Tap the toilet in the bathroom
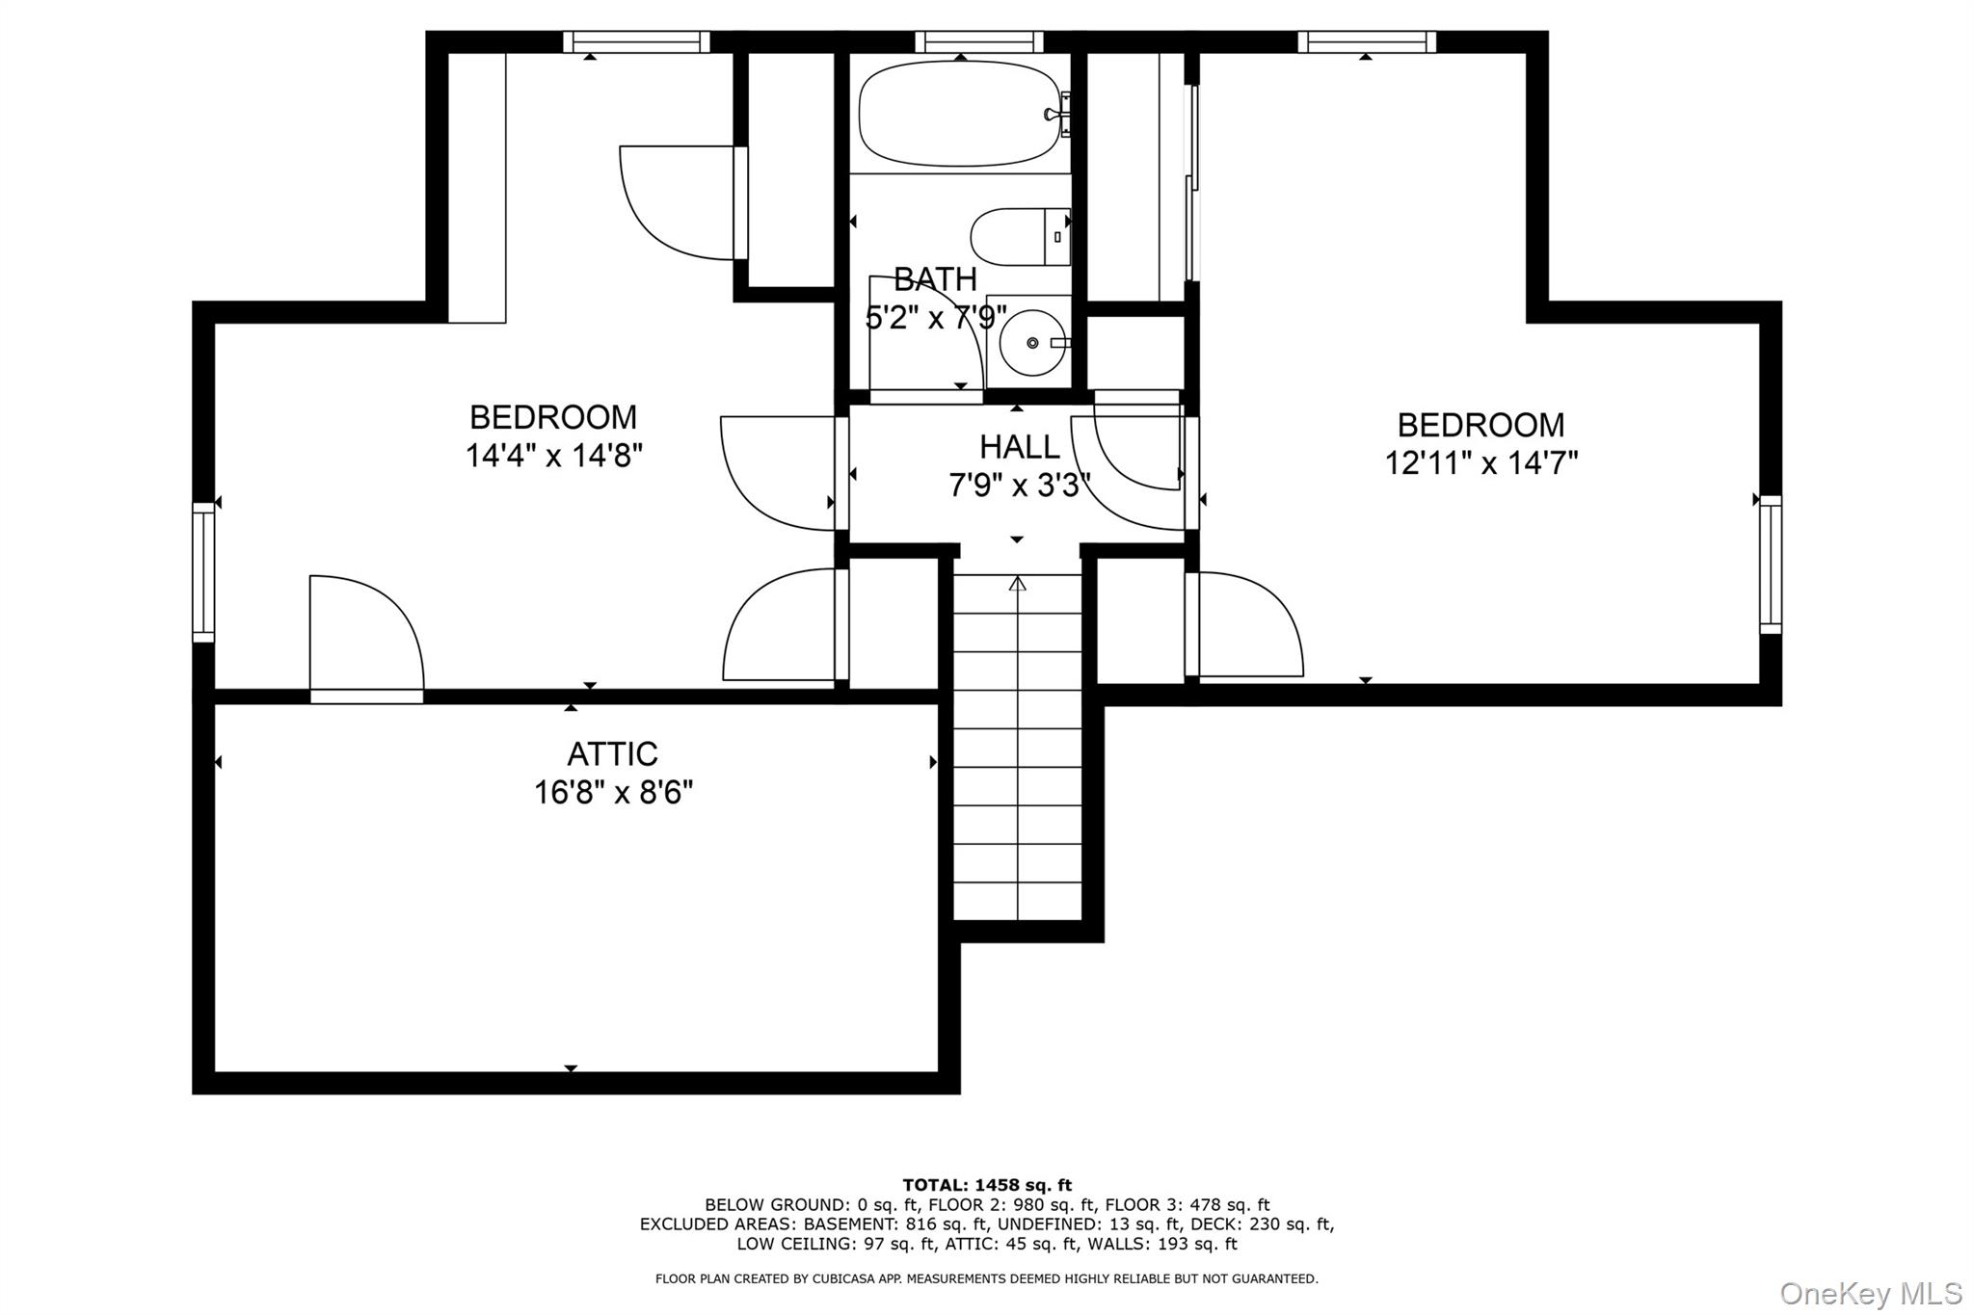coord(1020,237)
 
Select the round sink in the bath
coord(1032,342)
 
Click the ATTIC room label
coord(612,753)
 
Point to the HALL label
coord(1020,447)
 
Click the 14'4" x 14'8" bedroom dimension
coord(554,455)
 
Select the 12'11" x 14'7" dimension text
coord(1481,463)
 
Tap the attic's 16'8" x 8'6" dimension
coord(614,793)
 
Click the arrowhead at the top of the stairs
coord(1018,583)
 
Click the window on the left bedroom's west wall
coord(203,571)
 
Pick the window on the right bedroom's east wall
coord(1771,565)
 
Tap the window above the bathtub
coord(979,41)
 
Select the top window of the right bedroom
coord(1367,41)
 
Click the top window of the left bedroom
coord(636,41)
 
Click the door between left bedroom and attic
coord(366,636)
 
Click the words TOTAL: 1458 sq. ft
coord(987,1185)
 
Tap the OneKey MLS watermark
coord(1871,1293)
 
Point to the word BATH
coord(935,279)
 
